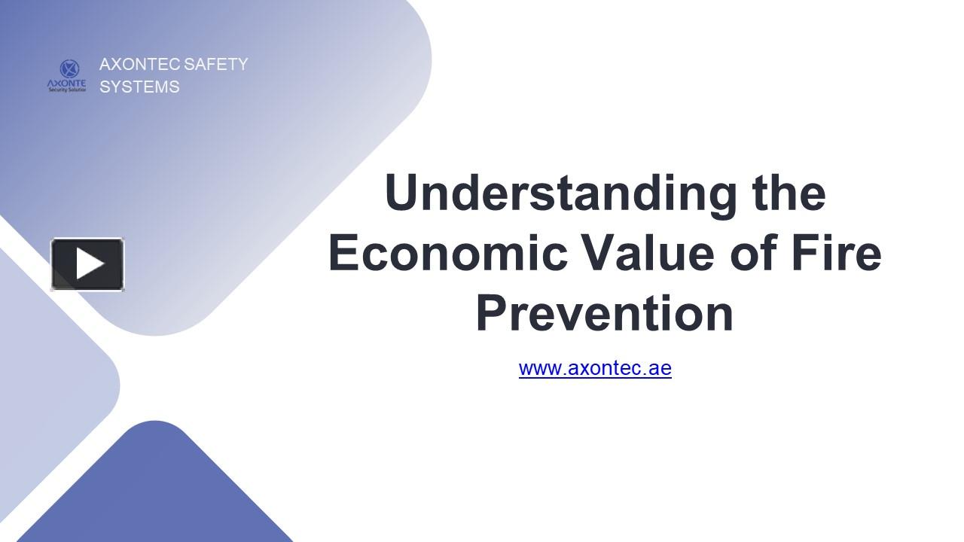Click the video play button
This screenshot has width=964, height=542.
[87, 264]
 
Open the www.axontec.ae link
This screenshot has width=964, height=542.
[595, 368]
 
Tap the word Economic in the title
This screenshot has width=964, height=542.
[447, 253]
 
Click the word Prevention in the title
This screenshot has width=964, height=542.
[604, 313]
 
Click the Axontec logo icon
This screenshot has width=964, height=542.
[67, 76]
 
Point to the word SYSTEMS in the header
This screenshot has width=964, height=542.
[139, 87]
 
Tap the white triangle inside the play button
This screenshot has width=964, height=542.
[90, 264]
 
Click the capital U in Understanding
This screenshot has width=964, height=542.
[401, 193]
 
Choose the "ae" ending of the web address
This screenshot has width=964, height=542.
[660, 368]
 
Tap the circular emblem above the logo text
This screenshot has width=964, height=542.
[69, 69]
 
